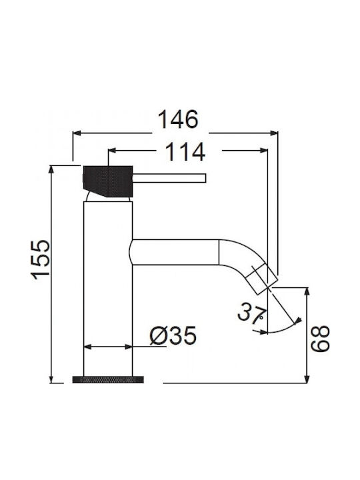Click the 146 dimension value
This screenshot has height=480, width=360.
point(178,119)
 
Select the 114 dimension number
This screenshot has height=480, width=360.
point(185,152)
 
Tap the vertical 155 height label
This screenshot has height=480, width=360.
point(41,259)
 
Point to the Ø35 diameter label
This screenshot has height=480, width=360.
point(173,335)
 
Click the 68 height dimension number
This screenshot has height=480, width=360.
point(320,339)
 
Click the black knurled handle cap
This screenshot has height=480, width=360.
point(108,181)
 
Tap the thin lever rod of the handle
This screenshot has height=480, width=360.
point(169,178)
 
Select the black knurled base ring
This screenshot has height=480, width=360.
point(108,379)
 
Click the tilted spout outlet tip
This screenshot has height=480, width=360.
point(263,279)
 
